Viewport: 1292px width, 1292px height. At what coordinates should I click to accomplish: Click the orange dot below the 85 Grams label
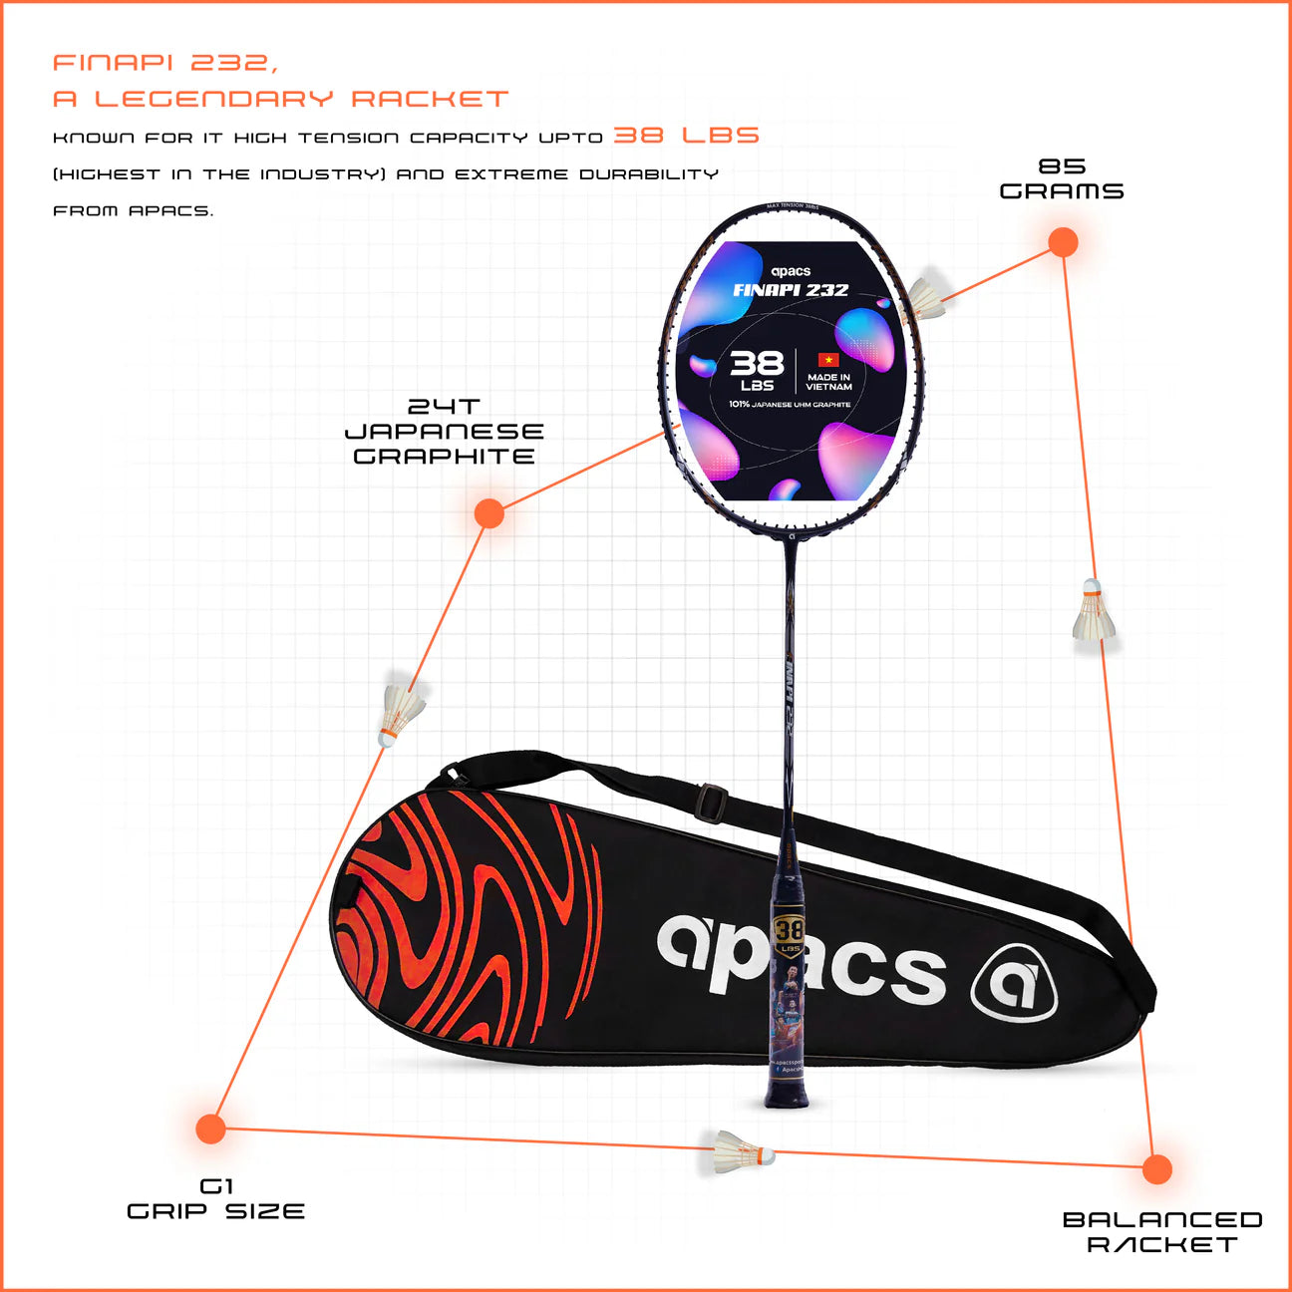tap(1063, 242)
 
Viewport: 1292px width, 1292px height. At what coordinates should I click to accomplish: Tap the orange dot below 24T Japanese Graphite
tap(488, 513)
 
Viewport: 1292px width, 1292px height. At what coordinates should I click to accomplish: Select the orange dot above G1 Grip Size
tap(210, 1130)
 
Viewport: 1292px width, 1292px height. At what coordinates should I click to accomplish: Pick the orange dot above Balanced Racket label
tap(1156, 1169)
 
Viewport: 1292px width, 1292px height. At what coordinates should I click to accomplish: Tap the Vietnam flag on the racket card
tap(827, 360)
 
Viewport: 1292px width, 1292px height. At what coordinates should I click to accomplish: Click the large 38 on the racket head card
tap(757, 363)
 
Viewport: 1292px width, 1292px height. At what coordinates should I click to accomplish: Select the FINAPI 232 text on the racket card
tap(791, 290)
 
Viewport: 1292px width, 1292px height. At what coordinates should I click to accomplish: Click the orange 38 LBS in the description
tap(686, 136)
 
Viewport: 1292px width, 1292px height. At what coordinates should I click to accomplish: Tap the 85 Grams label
tap(1062, 179)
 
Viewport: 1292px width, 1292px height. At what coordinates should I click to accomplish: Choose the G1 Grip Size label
tap(215, 1199)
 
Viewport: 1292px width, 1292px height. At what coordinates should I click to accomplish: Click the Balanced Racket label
tap(1161, 1232)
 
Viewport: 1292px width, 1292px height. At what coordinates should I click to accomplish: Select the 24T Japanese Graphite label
tap(444, 432)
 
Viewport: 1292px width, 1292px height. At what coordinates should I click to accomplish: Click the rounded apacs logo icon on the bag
tap(1014, 981)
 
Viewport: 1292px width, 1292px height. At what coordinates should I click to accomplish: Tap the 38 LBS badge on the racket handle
tap(789, 932)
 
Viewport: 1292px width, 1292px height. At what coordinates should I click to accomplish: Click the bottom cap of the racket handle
tap(788, 1100)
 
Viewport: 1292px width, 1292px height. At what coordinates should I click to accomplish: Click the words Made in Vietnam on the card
tap(828, 382)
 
